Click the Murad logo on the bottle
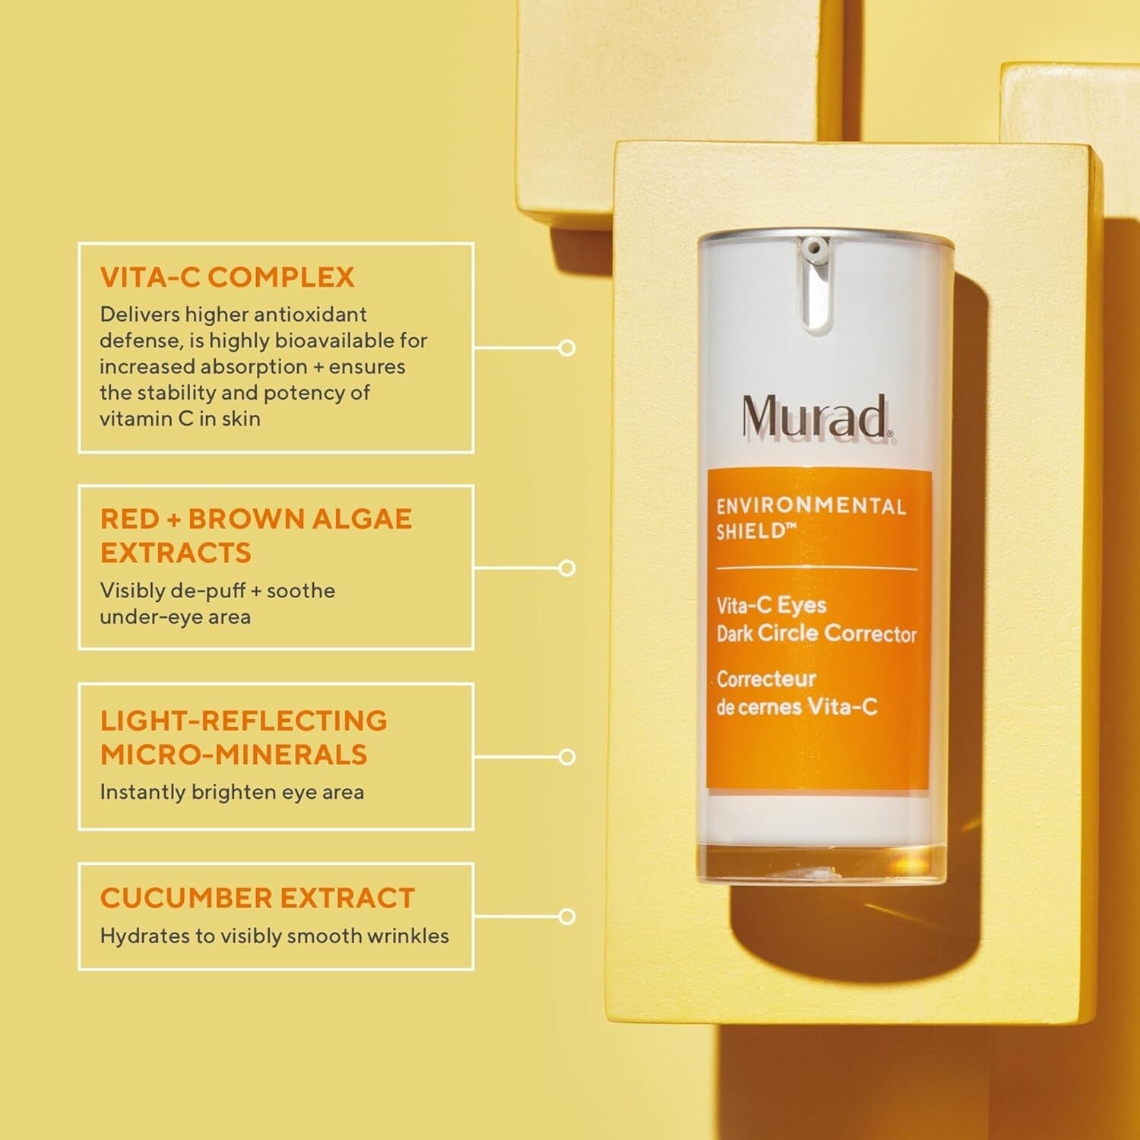[815, 416]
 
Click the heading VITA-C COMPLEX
[227, 277]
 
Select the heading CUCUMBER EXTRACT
[257, 898]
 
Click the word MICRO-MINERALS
[234, 755]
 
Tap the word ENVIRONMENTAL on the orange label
[811, 506]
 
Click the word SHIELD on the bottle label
[751, 532]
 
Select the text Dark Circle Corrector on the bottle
[816, 634]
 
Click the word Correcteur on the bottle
[766, 679]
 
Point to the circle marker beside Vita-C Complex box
[567, 348]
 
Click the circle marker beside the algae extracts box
[567, 568]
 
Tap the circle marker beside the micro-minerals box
[567, 757]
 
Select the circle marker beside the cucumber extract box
[567, 917]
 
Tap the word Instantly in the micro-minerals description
[143, 792]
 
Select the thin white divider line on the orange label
[817, 568]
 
